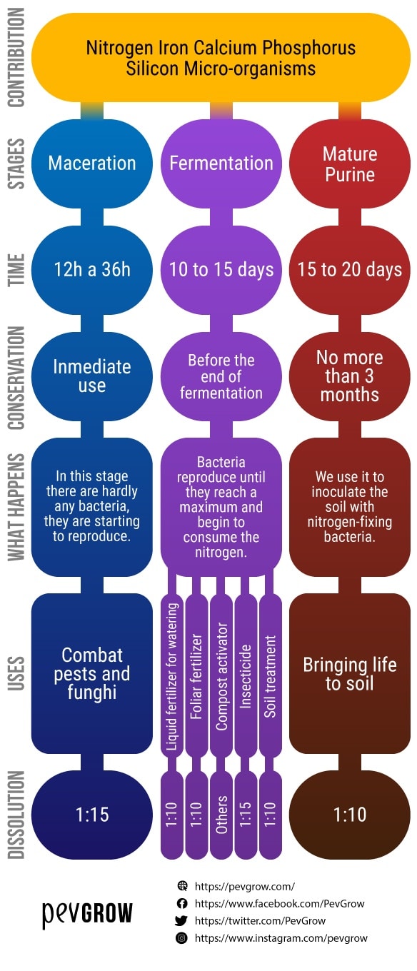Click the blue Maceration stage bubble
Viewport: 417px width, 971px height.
pos(92,163)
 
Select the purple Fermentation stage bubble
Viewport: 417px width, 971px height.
pos(221,163)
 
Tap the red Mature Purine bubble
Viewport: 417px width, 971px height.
pos(350,163)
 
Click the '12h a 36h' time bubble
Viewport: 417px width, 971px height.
pos(92,270)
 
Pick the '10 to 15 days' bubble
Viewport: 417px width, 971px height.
pos(221,270)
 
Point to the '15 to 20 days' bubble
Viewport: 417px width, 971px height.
pos(350,270)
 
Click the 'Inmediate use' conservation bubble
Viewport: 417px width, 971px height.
pos(92,376)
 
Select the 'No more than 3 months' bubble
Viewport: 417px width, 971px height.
pos(350,376)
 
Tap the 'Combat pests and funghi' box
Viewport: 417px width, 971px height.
pos(92,674)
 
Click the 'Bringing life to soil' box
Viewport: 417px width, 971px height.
pos(350,674)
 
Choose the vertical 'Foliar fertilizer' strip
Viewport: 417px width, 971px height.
pos(196,676)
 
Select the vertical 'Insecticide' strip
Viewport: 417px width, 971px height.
pos(246,676)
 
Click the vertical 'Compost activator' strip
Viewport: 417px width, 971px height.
pos(221,676)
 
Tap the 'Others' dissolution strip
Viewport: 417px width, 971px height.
pos(221,815)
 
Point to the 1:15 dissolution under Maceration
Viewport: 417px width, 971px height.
pos(92,815)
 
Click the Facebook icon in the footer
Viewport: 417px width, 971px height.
pos(182,903)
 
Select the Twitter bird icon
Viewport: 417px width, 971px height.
pos(181,920)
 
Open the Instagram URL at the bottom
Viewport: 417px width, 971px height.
pos(281,938)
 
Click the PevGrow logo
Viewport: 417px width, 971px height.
pos(87,914)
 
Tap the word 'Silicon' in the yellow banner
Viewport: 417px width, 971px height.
pos(152,69)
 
